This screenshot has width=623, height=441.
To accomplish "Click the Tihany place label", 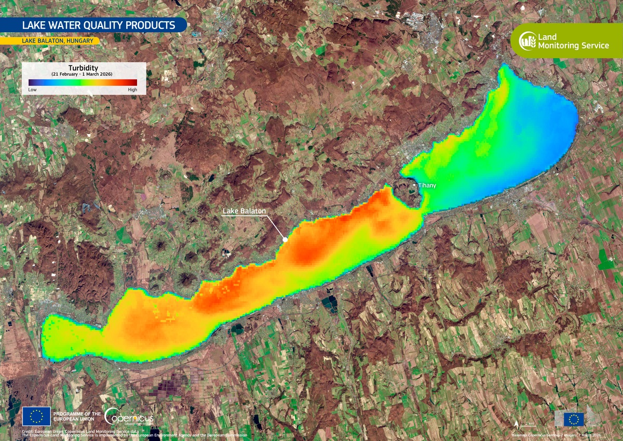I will (427, 185).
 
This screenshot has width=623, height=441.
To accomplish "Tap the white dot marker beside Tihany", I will (414, 184).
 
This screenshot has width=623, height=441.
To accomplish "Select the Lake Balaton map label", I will (244, 211).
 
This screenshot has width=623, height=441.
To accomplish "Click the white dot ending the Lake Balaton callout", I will (285, 239).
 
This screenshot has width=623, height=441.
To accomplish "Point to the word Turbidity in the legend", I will (83, 68).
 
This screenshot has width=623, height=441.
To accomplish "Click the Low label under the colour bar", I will (32, 90).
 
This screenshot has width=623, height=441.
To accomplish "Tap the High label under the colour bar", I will (132, 90).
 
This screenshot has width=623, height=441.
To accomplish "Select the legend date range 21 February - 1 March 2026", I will (83, 74).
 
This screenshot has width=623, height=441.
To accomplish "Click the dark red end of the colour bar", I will (134, 82).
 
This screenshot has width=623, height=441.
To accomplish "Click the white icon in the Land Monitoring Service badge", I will (527, 40).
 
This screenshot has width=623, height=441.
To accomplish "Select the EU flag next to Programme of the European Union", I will (36, 416).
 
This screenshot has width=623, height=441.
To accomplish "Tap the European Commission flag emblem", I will (574, 419).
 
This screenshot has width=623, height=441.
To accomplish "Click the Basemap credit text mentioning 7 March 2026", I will (556, 434).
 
